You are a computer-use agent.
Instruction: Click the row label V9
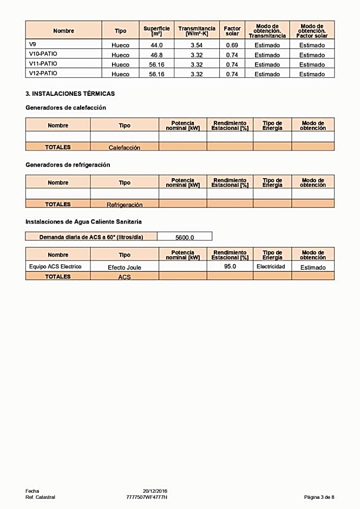32,44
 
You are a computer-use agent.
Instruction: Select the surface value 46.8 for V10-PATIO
156,55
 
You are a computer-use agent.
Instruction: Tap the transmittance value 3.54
197,45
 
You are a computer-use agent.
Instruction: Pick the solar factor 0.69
232,45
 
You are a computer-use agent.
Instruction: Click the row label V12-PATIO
43,73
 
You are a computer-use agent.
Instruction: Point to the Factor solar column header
232,31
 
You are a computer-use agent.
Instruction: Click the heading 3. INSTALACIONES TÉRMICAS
70,94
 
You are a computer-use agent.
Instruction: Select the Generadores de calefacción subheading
66,108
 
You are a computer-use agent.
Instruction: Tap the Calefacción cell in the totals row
124,147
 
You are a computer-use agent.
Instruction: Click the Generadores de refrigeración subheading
68,165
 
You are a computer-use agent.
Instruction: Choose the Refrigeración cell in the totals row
124,205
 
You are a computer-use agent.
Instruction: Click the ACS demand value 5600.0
185,237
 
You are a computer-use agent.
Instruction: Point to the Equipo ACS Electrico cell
55,267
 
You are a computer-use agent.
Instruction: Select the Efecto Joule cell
124,267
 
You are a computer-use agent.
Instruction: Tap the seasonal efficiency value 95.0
230,266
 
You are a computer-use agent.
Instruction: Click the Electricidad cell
271,267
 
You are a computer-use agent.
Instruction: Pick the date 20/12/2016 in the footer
155,491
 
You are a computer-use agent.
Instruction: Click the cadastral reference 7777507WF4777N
147,497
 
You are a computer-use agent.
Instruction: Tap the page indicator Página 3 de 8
319,497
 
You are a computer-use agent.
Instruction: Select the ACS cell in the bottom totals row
124,277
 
